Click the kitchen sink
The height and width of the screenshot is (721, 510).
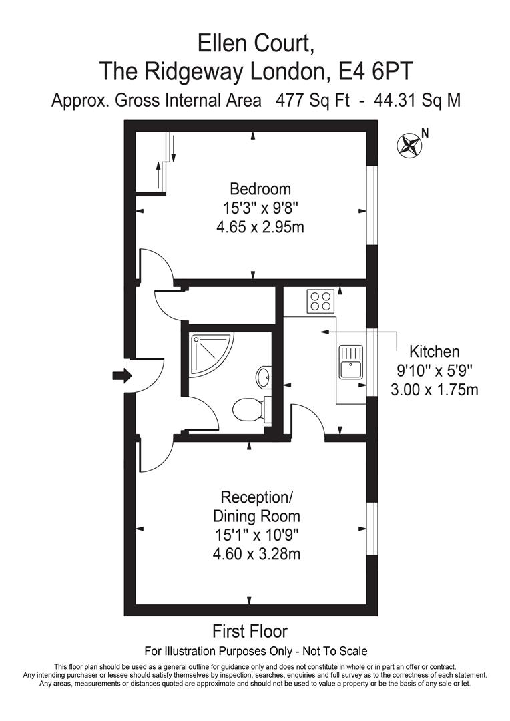350,361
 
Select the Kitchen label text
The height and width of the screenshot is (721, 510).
435,351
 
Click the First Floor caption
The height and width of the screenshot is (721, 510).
250,631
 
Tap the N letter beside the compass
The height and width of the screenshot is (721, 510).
425,132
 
